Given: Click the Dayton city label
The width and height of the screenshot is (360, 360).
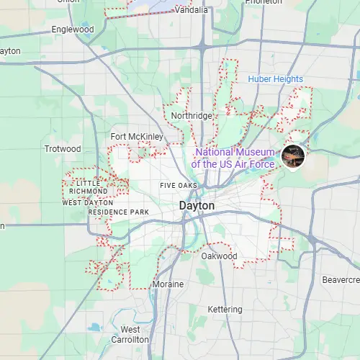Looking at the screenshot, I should point(197,206).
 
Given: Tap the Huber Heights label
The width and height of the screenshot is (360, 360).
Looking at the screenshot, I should point(276,78).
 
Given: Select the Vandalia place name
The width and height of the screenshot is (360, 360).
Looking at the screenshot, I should point(191,11).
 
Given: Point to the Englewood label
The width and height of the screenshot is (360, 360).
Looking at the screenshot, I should point(73,30).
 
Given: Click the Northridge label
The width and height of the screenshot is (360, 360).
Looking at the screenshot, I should point(192,116).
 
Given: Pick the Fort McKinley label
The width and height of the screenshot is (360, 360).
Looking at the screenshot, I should point(137,137).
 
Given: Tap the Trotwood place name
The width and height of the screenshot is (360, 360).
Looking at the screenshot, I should point(63,149).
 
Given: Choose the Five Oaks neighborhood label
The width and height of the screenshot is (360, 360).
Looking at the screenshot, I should point(179,186).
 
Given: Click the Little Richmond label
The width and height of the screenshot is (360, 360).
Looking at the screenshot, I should point(90,187).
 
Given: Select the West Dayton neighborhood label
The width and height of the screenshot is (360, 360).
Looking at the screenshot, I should point(89,202).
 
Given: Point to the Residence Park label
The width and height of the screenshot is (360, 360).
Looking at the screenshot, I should point(118,212).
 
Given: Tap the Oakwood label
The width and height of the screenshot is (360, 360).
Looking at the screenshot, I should point(219,256).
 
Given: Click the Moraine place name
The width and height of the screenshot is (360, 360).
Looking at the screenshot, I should point(168,284).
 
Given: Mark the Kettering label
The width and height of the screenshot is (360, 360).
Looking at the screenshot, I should point(225,310).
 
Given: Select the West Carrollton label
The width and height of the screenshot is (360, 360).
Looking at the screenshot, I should point(130,334).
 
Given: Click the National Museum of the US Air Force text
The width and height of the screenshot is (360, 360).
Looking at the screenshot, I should point(235,158).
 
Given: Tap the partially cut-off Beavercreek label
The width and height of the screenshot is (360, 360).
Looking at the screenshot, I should point(340,279).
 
